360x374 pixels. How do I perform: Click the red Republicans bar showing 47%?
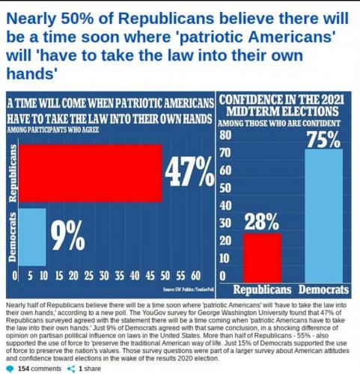point(91,173)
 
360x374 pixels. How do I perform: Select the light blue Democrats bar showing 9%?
point(33,237)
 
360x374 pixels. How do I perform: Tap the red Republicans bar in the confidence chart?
point(262,258)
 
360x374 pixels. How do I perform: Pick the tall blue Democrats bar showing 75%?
point(324,216)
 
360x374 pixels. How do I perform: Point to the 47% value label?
point(189,172)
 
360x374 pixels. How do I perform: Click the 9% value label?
point(68,236)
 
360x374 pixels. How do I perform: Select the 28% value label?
point(261,221)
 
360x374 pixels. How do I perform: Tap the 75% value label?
point(323,139)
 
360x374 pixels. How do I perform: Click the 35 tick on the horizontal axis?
point(120,276)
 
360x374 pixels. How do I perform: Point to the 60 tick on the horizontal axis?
point(196,276)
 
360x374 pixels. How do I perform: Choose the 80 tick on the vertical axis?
point(225,135)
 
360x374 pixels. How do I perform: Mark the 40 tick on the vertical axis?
point(225,206)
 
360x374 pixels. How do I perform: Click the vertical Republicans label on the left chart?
point(13,173)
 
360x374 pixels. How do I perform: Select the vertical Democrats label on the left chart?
point(13,237)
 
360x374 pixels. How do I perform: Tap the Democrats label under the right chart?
point(323,289)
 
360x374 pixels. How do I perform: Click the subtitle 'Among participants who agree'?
point(53,130)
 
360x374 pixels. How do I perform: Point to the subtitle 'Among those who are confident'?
point(279,123)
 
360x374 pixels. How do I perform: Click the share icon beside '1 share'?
point(71,369)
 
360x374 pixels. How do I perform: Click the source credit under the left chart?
point(188,289)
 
